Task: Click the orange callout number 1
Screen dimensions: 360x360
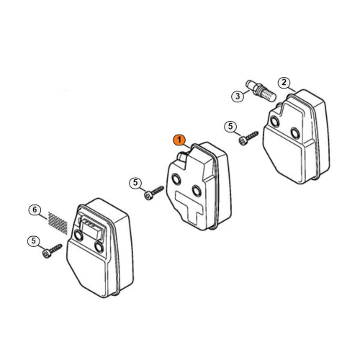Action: [179, 140]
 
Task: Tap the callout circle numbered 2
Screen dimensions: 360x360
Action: [284, 83]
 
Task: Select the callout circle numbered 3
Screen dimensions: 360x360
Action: [238, 96]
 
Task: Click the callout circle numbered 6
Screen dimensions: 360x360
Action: [35, 210]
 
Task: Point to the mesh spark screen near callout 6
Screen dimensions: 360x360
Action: [58, 223]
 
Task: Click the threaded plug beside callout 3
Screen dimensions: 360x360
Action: [261, 91]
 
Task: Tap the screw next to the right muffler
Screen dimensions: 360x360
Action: [248, 138]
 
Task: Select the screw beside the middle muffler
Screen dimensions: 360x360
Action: [154, 192]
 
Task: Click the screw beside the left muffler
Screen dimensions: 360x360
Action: [52, 251]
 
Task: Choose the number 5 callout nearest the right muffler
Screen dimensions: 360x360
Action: [230, 127]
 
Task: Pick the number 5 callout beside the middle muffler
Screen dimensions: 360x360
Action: [135, 183]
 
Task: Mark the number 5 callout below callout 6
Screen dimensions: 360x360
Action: [34, 240]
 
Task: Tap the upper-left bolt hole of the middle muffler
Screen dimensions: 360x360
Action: [176, 179]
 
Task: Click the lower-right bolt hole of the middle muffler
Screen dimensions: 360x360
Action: [197, 191]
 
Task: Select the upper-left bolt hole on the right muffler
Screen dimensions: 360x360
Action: [274, 122]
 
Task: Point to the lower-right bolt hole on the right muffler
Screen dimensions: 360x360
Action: [295, 133]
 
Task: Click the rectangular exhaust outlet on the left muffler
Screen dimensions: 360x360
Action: [91, 228]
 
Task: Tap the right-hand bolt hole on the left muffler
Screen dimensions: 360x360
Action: [99, 247]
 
